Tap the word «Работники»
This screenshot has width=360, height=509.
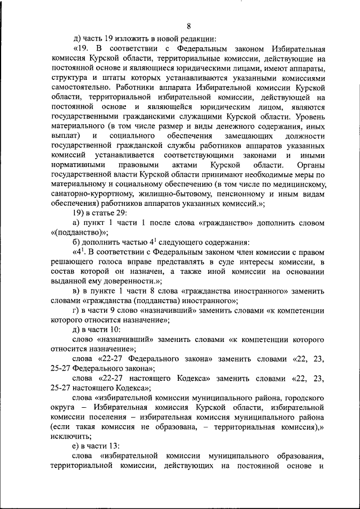(133, 88)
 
